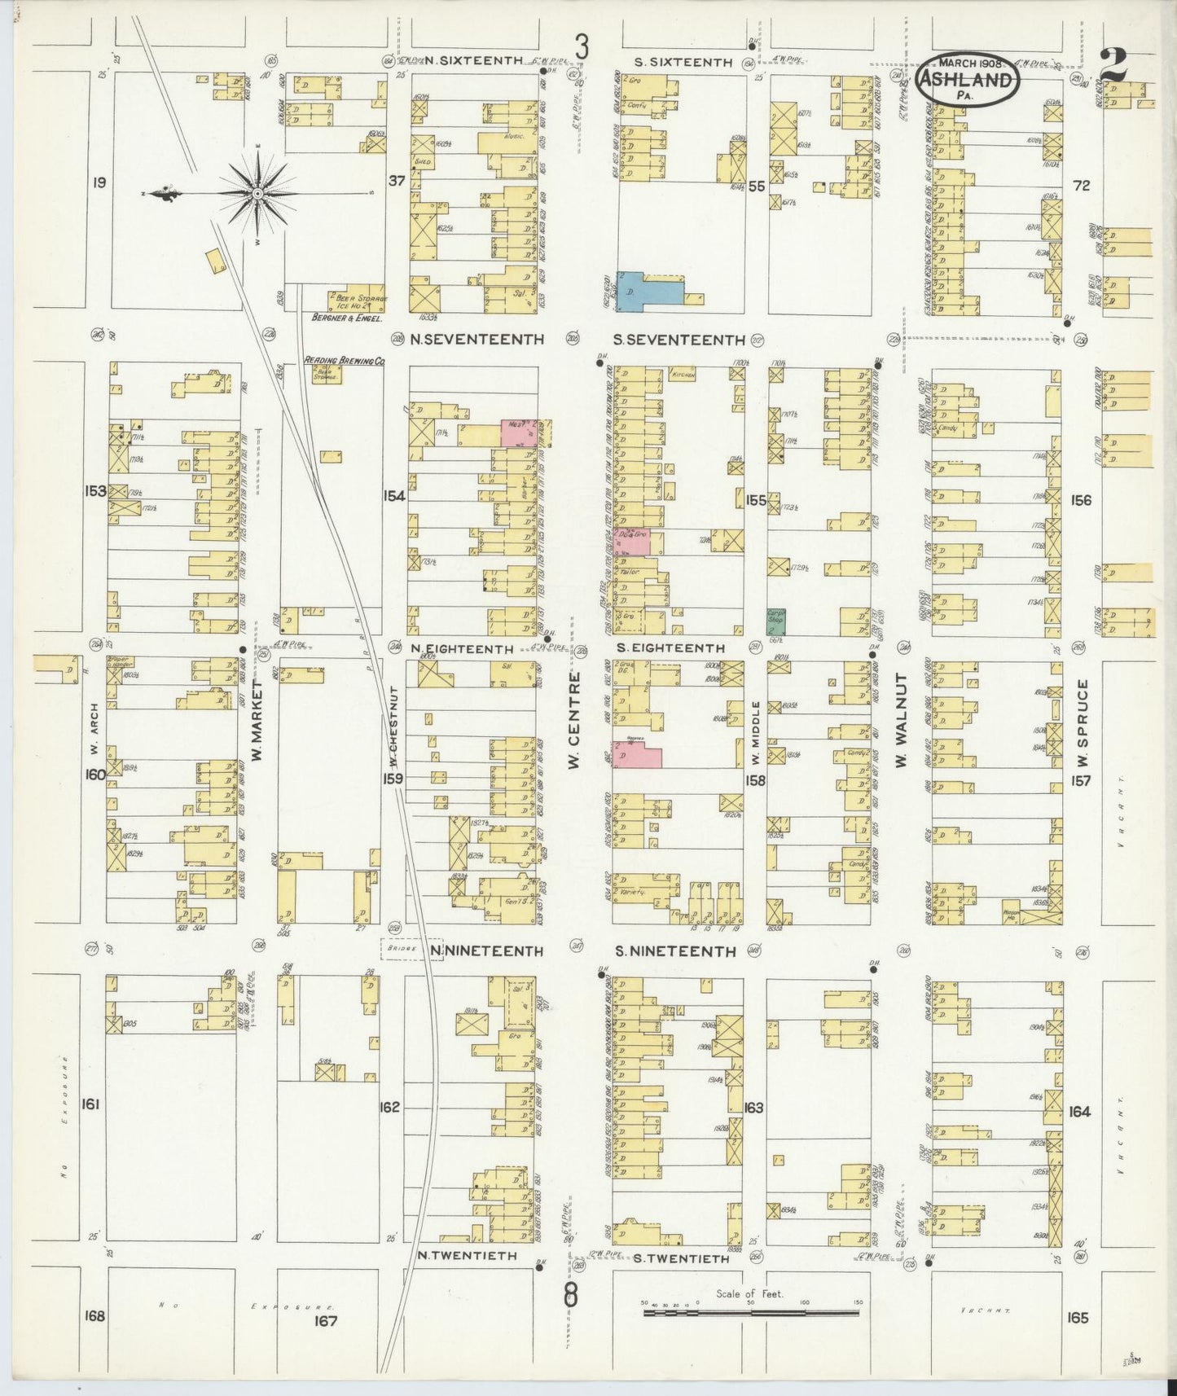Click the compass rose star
[257, 193]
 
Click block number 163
[754, 1107]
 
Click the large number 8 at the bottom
[571, 1294]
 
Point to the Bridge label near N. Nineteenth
[402, 950]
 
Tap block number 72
[1081, 186]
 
